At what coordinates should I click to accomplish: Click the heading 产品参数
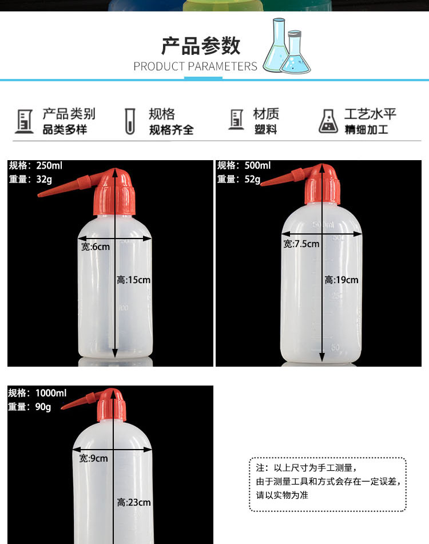[x=201, y=46]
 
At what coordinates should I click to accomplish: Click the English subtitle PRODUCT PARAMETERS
[x=195, y=66]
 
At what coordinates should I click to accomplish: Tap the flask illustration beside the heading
[x=287, y=46]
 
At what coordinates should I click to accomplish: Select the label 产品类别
[x=69, y=114]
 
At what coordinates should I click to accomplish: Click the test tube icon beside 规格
[x=130, y=121]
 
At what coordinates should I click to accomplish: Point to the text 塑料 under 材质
[x=265, y=130]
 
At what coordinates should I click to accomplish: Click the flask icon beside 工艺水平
[x=328, y=121]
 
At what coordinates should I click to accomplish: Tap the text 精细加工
[x=366, y=130]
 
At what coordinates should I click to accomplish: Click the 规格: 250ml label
[x=35, y=165]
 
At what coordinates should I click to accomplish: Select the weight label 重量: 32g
[x=30, y=180]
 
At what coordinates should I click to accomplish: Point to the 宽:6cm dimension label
[x=96, y=247]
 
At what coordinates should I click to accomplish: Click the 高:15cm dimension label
[x=133, y=280]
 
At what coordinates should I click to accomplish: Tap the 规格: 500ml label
[x=244, y=165]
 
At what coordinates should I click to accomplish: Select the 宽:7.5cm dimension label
[x=301, y=244]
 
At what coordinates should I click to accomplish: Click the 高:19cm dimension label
[x=341, y=280]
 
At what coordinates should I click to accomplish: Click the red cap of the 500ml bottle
[x=322, y=184]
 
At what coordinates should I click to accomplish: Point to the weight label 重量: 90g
[x=30, y=407]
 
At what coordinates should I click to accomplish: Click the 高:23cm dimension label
[x=133, y=502]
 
